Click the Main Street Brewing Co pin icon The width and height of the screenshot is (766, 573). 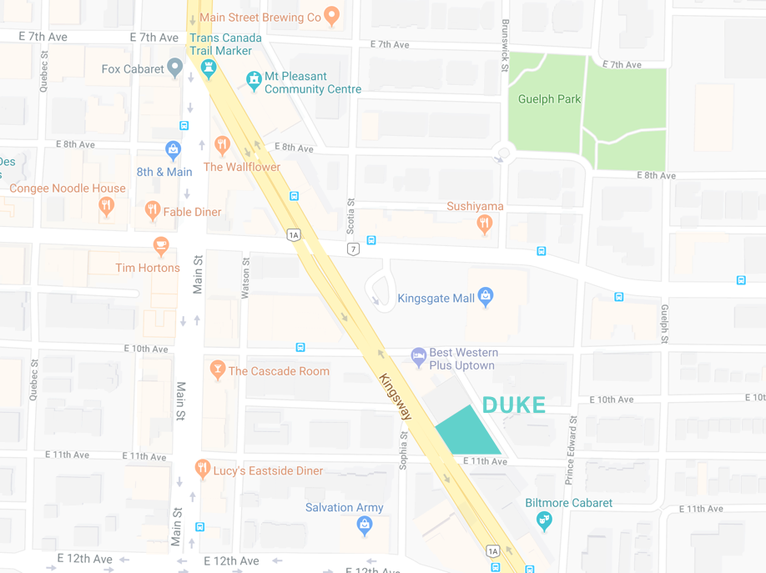(332, 16)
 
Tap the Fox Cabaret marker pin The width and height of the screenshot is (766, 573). (174, 68)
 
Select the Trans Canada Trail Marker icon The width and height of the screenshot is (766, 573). (209, 68)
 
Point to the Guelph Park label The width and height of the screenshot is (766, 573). (549, 98)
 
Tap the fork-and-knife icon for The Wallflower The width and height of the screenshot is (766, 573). (222, 145)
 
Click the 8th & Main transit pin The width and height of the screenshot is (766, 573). (173, 150)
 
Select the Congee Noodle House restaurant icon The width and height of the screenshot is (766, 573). (106, 205)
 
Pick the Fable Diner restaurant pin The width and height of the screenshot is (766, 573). (153, 209)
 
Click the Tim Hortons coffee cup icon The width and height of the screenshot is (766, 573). (161, 246)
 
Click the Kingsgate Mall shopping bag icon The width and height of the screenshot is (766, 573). (486, 295)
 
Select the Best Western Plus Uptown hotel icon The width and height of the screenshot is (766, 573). (419, 357)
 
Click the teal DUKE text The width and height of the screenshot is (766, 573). (514, 405)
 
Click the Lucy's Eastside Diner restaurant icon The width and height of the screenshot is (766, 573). (202, 468)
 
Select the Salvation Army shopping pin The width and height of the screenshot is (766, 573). (364, 524)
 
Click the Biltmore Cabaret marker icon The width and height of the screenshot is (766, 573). (544, 520)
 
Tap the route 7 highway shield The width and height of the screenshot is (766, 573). (354, 249)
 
